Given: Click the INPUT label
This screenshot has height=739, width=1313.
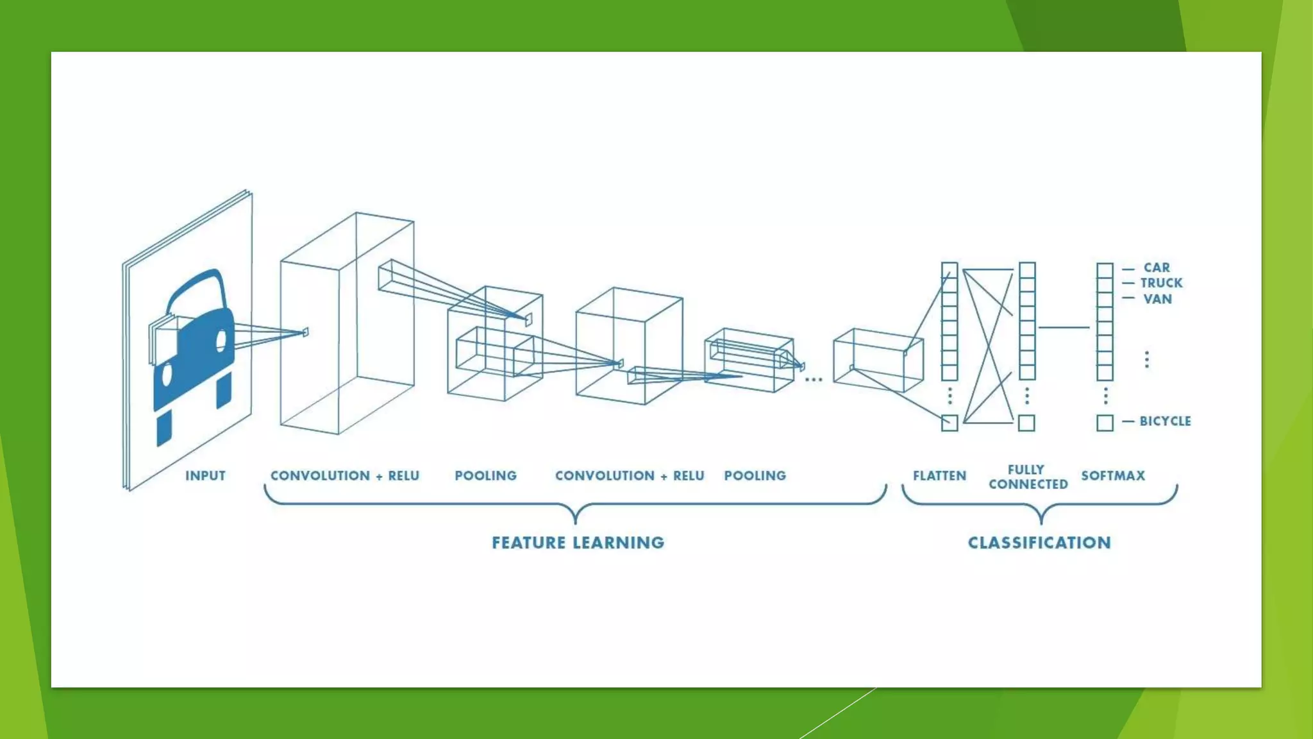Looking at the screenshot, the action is coord(205,476).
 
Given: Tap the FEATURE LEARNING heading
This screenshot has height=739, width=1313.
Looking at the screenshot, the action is coord(578,543).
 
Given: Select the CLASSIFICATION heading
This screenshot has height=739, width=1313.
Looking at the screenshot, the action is coord(1039,543).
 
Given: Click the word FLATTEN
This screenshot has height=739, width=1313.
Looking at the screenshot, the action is coord(939,476).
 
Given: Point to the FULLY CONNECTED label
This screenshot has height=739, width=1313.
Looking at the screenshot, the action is coord(1028,477).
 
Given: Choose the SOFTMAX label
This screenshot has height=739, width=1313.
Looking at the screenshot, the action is coord(1113,476).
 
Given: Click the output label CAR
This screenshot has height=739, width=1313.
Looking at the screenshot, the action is coord(1157,268).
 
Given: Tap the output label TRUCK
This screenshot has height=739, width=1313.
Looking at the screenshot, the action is coord(1161,283).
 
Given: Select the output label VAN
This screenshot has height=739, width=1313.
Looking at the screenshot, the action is coord(1157,299).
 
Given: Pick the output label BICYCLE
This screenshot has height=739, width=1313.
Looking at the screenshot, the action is coord(1165,421).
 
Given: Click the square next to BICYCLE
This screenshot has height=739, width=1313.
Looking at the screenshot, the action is coord(1105,423).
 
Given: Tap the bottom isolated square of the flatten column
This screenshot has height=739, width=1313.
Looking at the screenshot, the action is coord(949,423).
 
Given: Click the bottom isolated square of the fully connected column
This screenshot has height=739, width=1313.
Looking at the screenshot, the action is coord(1026,423).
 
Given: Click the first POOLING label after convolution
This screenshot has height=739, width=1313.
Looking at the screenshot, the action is coord(485,476).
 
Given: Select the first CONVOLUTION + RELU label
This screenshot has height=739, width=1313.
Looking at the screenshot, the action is coord(344,476).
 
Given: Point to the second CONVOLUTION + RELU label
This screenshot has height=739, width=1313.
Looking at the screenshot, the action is coord(629,476).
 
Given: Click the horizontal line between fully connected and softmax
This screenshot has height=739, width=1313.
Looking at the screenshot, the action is coord(1064,327).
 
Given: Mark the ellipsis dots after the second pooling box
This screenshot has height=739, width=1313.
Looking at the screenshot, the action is coord(813,380).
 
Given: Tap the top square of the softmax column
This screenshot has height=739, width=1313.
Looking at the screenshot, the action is coord(1105,269).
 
